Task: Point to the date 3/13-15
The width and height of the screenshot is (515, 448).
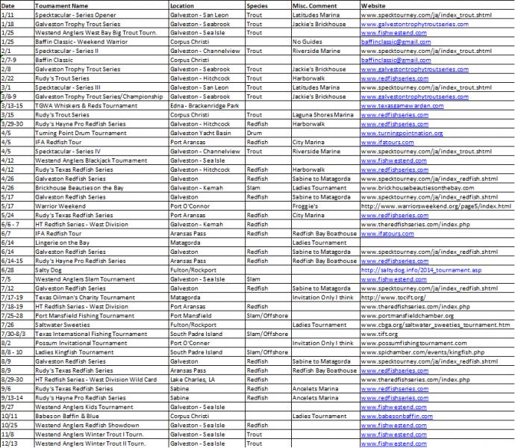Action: tap(13, 105)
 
